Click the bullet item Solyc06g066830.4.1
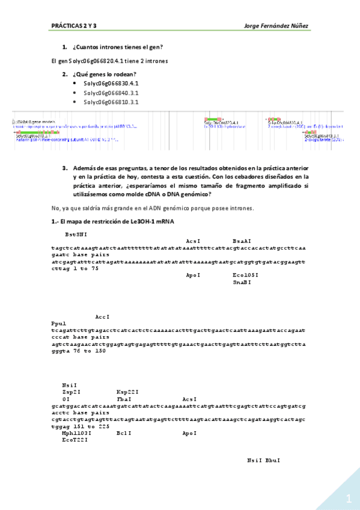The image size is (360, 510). (111, 84)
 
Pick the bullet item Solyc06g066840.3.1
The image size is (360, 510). (111, 93)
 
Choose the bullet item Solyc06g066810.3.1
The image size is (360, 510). (111, 102)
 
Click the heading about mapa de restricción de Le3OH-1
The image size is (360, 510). (114, 223)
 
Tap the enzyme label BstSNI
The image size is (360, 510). (76, 233)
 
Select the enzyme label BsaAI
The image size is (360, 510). (242, 240)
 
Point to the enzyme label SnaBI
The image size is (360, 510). (242, 281)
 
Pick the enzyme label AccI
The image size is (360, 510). (102, 316)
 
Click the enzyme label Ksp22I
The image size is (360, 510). (127, 392)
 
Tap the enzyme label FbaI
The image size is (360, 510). (124, 399)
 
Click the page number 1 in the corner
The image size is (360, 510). (347, 499)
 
